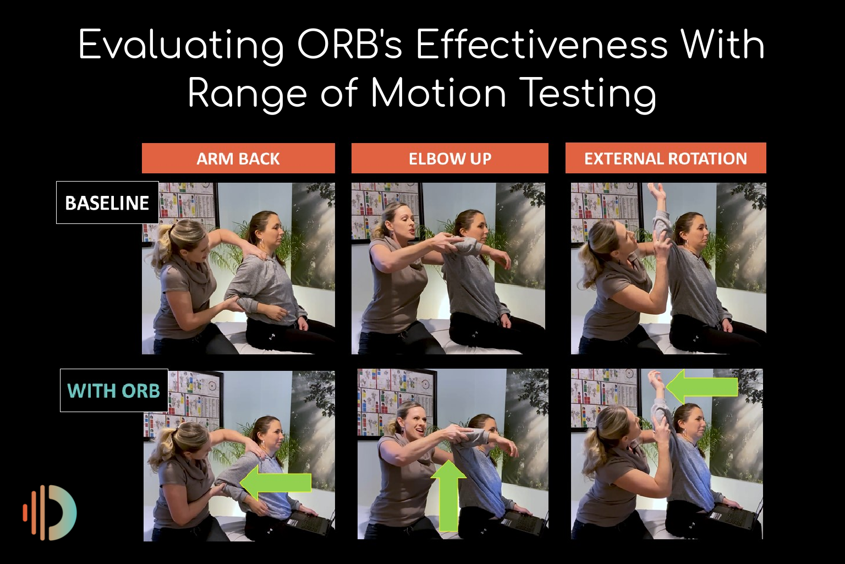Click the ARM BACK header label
tap(238, 158)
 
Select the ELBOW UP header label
tap(449, 158)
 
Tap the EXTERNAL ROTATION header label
tap(666, 158)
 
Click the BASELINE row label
tap(107, 203)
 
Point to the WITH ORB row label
tap(114, 391)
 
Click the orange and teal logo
tap(51, 512)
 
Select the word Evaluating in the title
tap(182, 45)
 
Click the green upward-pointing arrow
tap(449, 495)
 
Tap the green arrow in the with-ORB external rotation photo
tap(702, 387)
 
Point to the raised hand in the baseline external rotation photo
tap(656, 194)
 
